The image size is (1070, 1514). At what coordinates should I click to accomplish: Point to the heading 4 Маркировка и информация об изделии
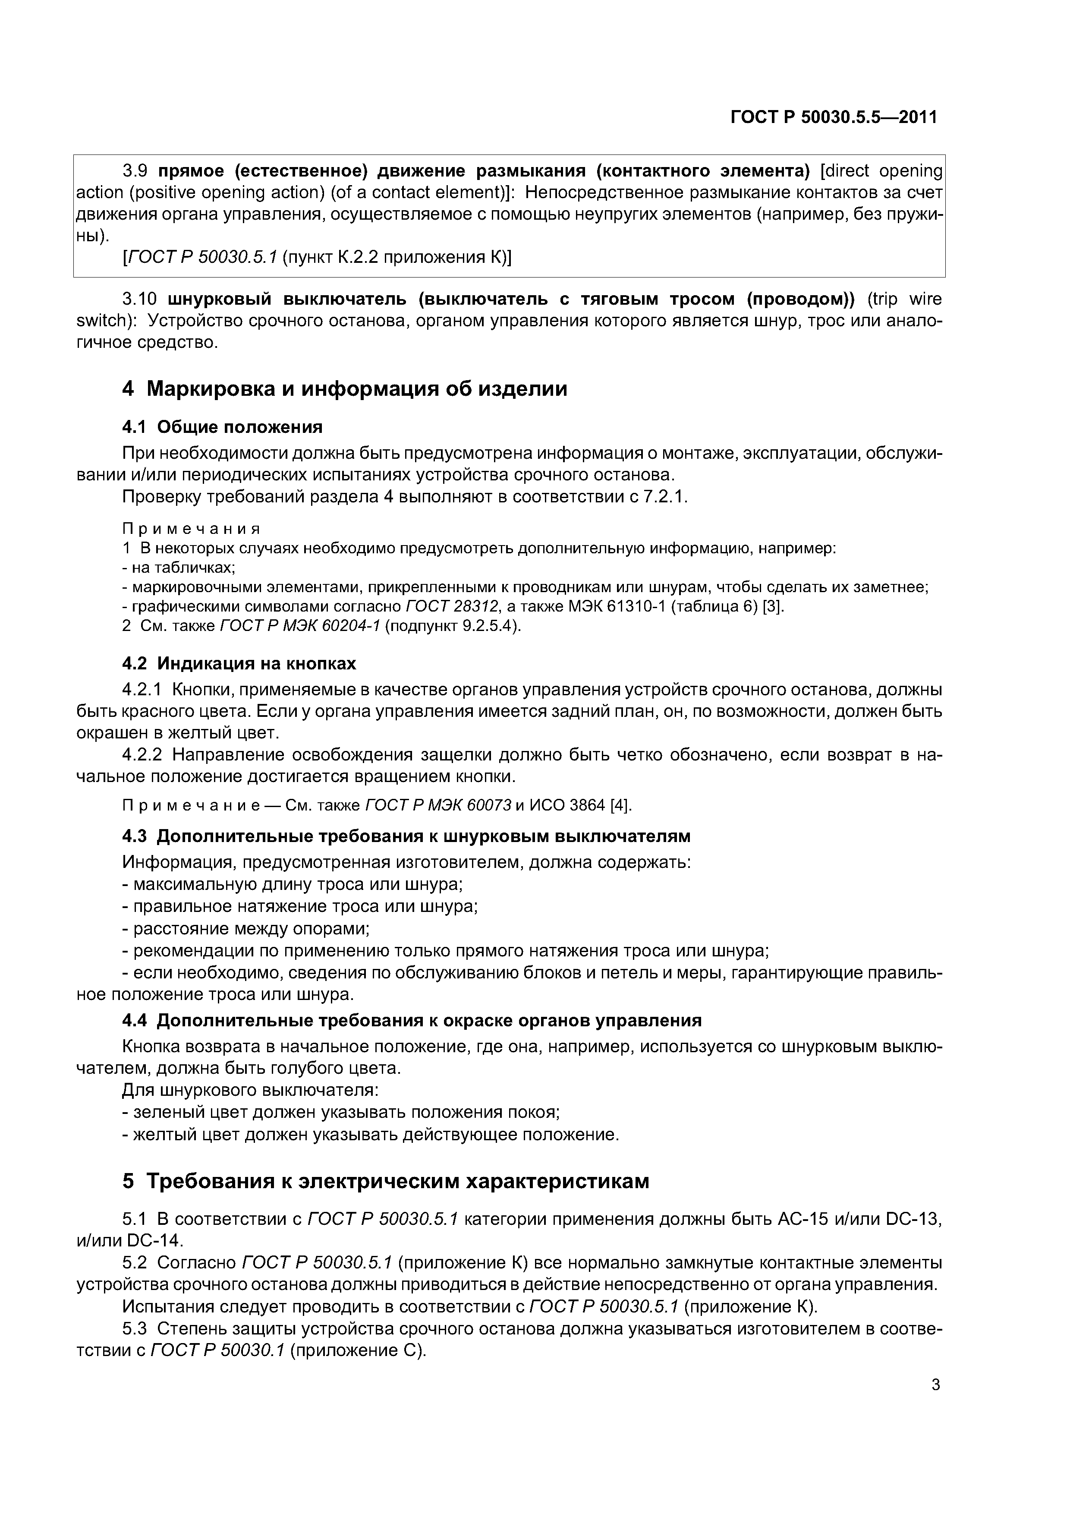[x=344, y=389]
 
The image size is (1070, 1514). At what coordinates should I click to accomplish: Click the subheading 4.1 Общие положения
[x=222, y=427]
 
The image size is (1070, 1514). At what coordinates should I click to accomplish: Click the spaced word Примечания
[x=191, y=529]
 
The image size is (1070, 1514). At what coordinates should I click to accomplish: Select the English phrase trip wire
[x=905, y=300]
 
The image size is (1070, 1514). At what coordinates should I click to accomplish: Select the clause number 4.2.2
[x=143, y=755]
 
